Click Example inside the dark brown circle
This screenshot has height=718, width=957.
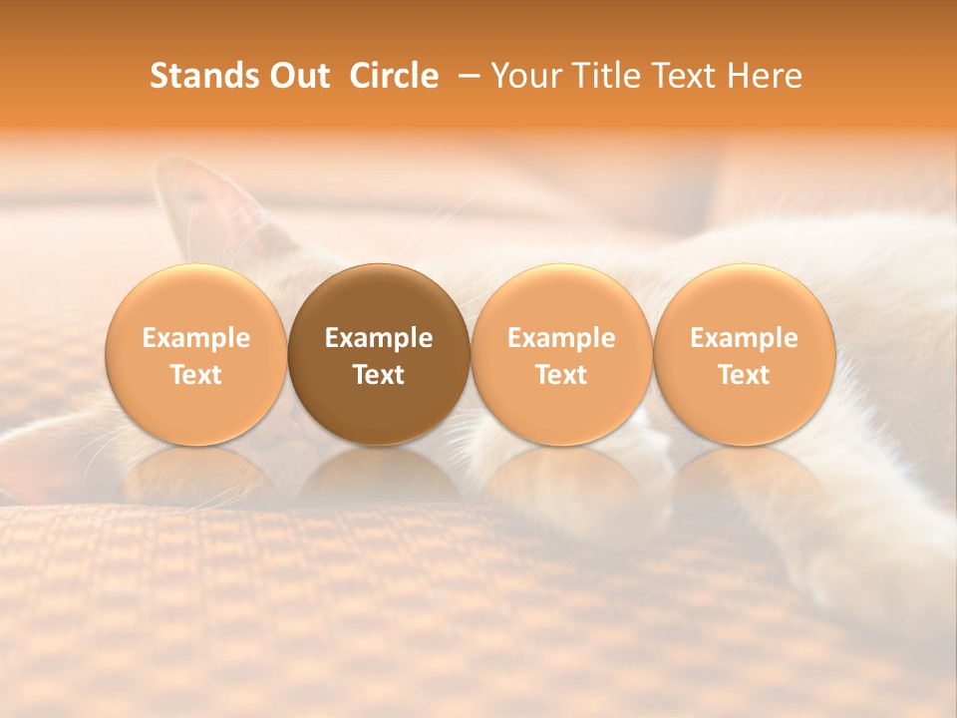379,338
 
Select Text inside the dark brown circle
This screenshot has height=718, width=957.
379,375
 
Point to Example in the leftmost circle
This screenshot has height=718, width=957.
195,338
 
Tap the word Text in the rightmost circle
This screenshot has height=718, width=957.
745,375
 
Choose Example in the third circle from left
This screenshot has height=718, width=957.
561,338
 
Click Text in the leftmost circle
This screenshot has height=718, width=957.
195,375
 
